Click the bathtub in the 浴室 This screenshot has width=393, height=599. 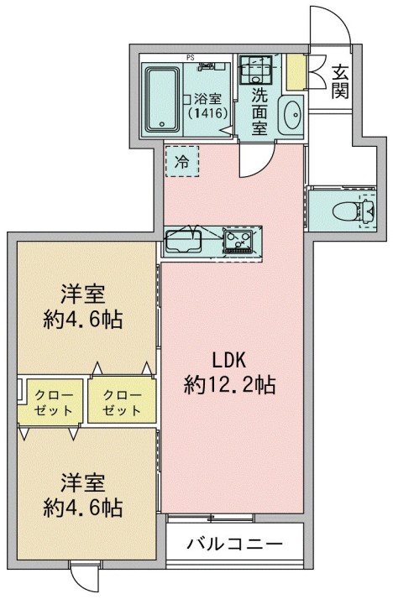click(162, 98)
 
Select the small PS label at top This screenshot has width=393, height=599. click(191, 58)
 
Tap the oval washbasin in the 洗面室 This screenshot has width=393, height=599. click(291, 115)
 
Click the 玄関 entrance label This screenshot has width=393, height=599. click(340, 81)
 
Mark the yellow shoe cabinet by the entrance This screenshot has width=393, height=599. click(296, 72)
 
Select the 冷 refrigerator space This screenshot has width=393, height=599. click(182, 162)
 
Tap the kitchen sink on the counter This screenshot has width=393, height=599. click(182, 242)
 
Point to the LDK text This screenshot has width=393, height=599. click(228, 361)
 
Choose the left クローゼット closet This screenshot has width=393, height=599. click(54, 403)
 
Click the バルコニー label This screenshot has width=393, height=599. click(234, 544)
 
